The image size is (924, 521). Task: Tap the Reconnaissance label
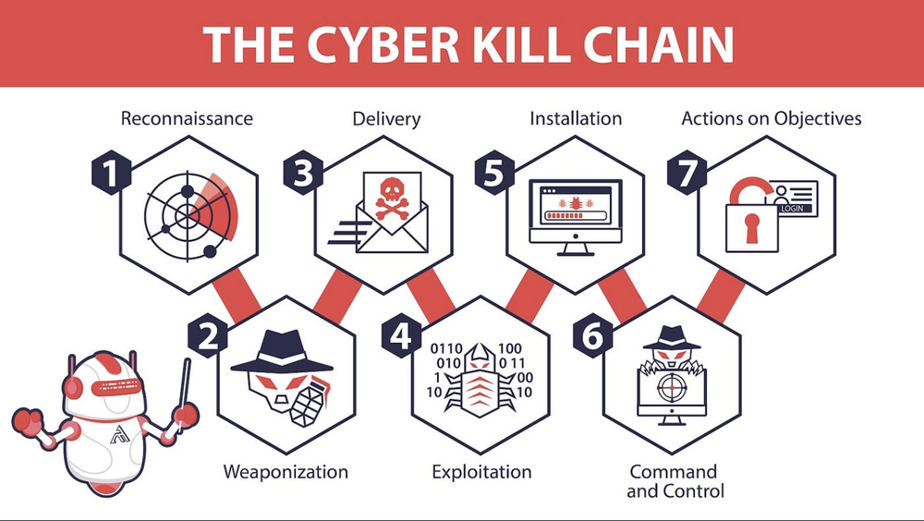coord(187,118)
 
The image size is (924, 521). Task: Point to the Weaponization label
coord(286,472)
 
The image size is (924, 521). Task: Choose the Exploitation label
coord(481,472)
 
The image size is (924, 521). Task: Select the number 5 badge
coord(494,175)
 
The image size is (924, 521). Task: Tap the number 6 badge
coord(592,336)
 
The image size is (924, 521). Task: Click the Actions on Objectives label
coord(771,118)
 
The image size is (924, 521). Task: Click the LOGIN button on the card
coord(792,209)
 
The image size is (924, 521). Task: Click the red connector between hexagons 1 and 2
coord(237,295)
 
